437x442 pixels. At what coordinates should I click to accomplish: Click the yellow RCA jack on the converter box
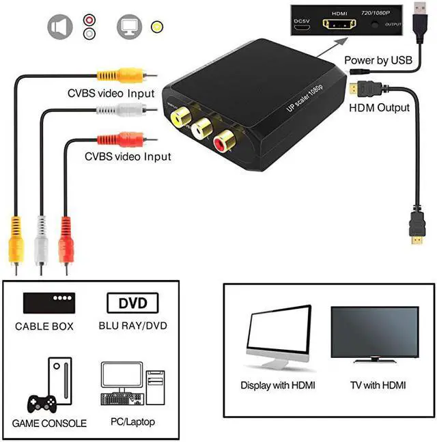[181, 118]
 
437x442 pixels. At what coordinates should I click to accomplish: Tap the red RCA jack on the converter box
[225, 141]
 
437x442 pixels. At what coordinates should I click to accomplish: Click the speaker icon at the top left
[59, 27]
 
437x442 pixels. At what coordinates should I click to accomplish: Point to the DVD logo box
[132, 302]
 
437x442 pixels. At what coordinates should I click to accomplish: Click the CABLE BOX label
[44, 327]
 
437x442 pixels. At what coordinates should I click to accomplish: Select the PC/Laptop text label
[132, 424]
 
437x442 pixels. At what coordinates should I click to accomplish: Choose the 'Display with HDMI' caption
[278, 385]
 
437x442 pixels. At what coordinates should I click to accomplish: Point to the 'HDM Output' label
[379, 107]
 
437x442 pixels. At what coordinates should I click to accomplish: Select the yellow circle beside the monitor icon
[158, 27]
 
